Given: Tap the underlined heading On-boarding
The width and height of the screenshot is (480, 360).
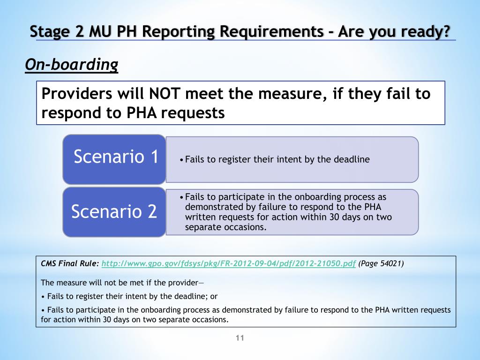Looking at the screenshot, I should click(71, 65).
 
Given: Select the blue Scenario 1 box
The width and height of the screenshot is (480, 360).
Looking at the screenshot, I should click(114, 158).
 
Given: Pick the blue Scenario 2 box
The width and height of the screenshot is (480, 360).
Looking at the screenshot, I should click(114, 212).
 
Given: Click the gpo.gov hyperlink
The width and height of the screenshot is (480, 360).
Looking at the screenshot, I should click(229, 263).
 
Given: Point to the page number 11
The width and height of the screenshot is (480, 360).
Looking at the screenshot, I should click(240, 338).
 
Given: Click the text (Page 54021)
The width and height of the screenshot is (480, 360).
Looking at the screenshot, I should click(381, 263).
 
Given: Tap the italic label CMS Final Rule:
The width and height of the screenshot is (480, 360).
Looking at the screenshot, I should click(70, 263).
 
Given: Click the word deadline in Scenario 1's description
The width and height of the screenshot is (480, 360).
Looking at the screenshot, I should click(352, 159).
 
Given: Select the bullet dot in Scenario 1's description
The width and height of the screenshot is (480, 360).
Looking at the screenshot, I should click(182, 160).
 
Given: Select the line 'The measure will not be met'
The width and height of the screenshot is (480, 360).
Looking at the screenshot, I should click(122, 283).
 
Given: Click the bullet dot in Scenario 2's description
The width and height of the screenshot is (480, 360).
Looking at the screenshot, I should click(182, 197).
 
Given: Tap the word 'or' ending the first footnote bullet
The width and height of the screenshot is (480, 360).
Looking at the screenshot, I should click(214, 296).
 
